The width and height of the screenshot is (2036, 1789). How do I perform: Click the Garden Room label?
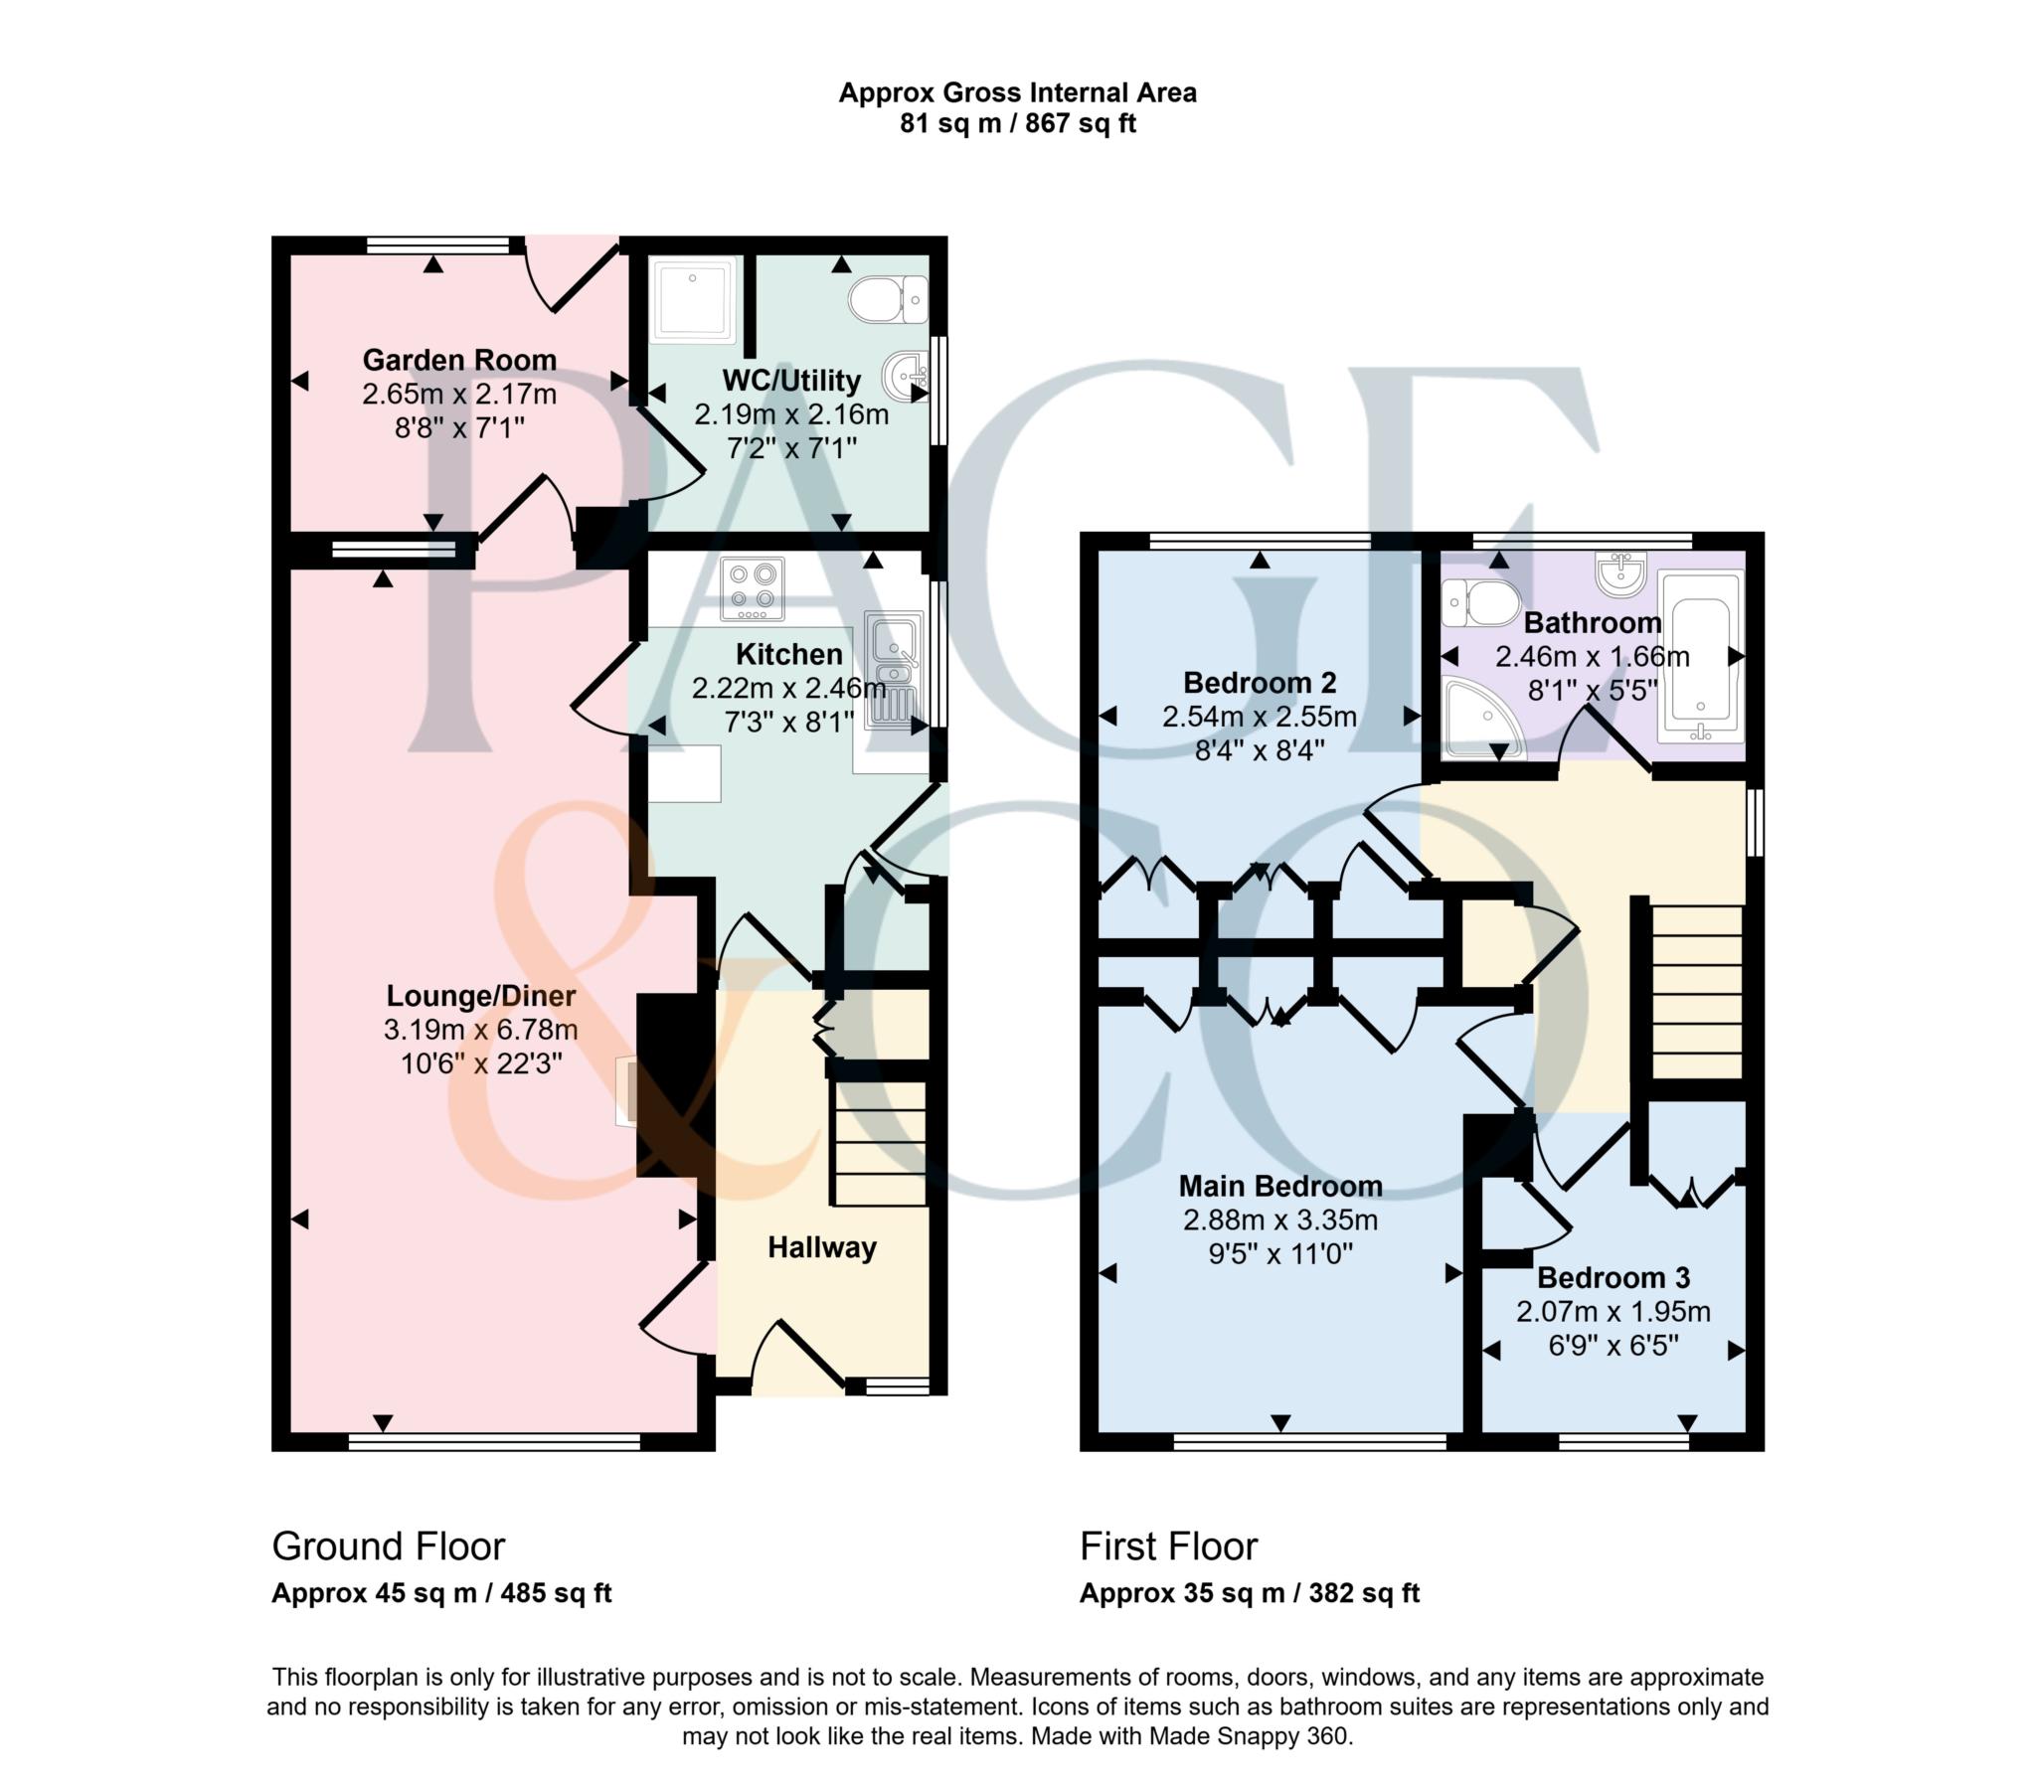459,360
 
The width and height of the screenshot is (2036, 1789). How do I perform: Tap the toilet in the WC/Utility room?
889,298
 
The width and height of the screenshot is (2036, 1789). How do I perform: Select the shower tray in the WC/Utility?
693,300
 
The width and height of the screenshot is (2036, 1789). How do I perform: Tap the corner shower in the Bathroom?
1483,720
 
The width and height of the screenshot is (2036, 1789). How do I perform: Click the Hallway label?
822,1248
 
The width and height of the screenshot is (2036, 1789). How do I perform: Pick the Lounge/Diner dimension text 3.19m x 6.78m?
481,1029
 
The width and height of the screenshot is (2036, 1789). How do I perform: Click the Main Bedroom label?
1280,1186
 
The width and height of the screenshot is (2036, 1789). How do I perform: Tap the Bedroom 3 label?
1613,1277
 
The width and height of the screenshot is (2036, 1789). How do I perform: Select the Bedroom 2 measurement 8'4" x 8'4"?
1260,750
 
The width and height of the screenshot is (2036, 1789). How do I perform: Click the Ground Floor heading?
389,1545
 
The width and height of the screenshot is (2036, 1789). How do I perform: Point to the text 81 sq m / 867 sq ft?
1018,123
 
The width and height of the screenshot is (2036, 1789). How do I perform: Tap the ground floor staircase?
880,1143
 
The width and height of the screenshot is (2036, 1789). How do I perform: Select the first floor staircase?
1697,992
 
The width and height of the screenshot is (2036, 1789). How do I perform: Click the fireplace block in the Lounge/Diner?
674,1084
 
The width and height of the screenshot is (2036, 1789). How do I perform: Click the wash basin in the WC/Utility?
907,377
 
